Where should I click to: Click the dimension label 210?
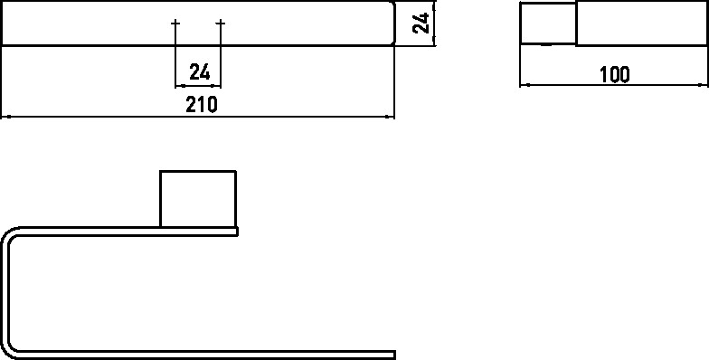coord(202,105)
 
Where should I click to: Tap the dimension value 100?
coord(615,74)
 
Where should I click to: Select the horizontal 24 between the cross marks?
coord(199,72)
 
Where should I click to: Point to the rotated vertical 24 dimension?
coord(421,24)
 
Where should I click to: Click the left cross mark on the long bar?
coord(175,23)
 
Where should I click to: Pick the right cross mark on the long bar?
coord(221,23)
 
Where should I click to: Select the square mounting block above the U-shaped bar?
coord(198,199)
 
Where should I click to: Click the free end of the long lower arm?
coord(394,355)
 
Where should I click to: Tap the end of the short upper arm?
coord(237,232)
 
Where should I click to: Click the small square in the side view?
coord(548,24)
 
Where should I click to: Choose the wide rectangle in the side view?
coord(642,24)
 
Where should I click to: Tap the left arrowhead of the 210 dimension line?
coord(6,117)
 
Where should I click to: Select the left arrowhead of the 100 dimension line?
coord(525,85)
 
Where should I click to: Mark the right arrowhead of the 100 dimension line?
coord(703,85)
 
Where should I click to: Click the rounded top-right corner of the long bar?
coord(392,5)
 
